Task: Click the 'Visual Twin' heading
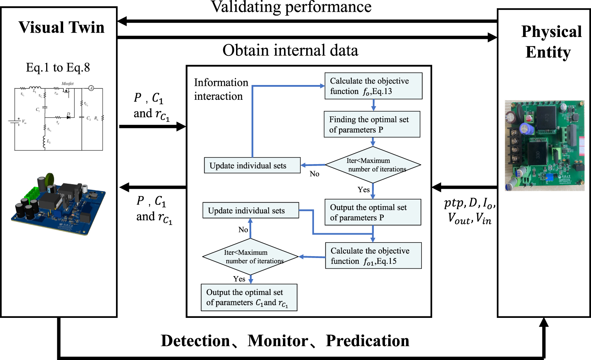pos(61,28)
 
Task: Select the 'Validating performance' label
pos(291,7)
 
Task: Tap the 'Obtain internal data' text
pos(290,50)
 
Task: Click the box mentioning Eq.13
pos(373,86)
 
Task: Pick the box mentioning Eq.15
pos(373,256)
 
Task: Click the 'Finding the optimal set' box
pos(372,125)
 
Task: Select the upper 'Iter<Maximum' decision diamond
pos(373,165)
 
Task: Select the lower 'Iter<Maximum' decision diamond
pos(250,257)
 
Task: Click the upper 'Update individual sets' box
pos(252,166)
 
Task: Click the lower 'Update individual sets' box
pos(250,211)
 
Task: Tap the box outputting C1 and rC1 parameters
pos(249,298)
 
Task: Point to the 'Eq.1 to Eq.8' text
pos(58,68)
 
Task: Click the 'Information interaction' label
pos(221,89)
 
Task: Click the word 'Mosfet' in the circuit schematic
pos(68,84)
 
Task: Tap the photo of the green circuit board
pos(544,145)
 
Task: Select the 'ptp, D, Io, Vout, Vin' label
pos(469,211)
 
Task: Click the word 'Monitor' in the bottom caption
pos(278,341)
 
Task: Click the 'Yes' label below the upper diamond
pos(363,190)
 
